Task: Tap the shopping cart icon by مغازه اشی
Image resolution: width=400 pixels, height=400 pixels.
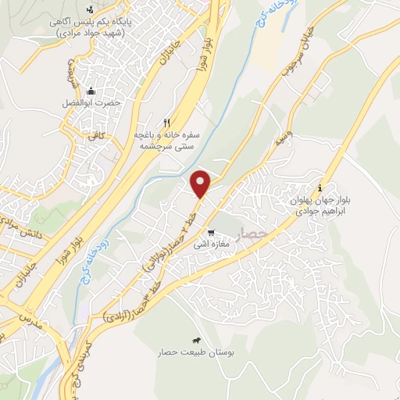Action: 211,233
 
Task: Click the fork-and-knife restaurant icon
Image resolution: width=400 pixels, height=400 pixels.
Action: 166,123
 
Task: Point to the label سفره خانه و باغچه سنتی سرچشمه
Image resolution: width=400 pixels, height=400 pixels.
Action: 167,140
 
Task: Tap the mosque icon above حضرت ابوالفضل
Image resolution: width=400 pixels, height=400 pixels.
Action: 91,91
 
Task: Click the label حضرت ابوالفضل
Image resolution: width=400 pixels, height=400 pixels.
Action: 91,103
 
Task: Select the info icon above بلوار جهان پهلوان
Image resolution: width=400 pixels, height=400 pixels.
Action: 320,187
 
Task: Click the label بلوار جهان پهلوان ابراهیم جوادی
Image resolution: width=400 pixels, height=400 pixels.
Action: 321,205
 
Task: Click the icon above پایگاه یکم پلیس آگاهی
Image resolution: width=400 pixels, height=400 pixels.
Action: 91,9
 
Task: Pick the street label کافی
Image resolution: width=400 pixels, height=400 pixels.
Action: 96,136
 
